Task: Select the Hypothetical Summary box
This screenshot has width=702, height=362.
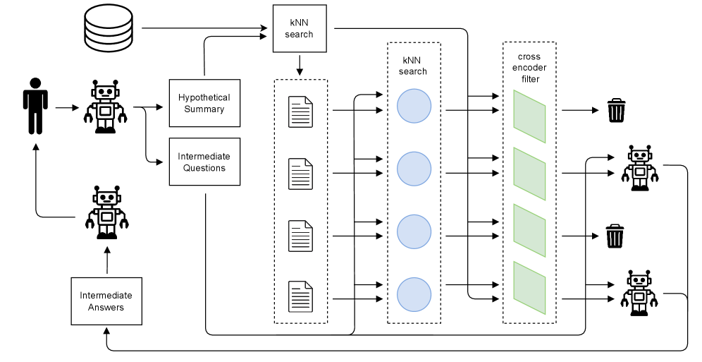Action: [x=204, y=104]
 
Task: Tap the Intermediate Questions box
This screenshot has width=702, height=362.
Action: [x=204, y=162]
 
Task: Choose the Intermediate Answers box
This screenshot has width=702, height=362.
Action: [x=106, y=301]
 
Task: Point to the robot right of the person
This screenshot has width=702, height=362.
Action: [x=106, y=107]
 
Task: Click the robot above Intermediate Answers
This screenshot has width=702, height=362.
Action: [x=106, y=213]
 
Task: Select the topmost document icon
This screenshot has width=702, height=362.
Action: [x=300, y=111]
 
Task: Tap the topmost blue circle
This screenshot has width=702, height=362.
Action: [x=414, y=107]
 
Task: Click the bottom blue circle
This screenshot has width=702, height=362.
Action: [x=414, y=294]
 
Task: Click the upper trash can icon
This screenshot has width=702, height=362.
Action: [x=615, y=111]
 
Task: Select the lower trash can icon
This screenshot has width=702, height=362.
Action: [x=615, y=236]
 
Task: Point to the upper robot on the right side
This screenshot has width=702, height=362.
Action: [x=639, y=167]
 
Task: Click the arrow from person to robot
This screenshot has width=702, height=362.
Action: [x=66, y=108]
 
